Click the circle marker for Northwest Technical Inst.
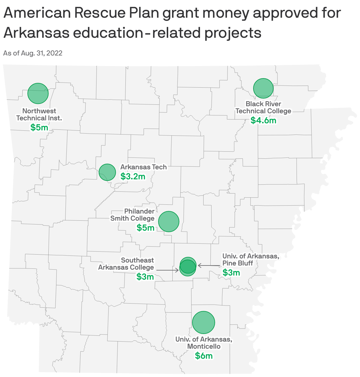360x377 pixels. (x=38, y=93)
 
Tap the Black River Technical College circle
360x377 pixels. (x=263, y=88)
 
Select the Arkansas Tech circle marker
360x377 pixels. (x=107, y=172)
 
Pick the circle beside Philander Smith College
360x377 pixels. (x=169, y=221)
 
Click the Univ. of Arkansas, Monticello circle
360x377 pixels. (x=203, y=322)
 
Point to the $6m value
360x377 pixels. (x=204, y=356)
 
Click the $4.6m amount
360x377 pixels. (x=263, y=120)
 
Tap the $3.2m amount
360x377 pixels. (x=133, y=176)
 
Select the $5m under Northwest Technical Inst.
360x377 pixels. (x=39, y=127)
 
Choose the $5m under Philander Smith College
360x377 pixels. (x=145, y=227)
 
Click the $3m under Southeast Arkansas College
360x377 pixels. (x=145, y=276)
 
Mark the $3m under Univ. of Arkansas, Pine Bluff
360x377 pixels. (x=231, y=272)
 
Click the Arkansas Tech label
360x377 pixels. (x=143, y=167)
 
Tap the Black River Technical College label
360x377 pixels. (x=263, y=107)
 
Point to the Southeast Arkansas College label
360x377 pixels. (x=126, y=264)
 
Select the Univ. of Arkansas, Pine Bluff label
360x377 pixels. (x=251, y=260)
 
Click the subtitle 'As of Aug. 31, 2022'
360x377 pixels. (x=33, y=53)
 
